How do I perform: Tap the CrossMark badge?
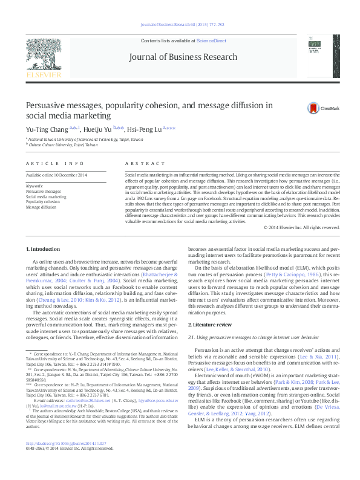[322, 107]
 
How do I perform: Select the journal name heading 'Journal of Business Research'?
[182, 57]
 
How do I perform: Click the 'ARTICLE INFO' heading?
[56, 164]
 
